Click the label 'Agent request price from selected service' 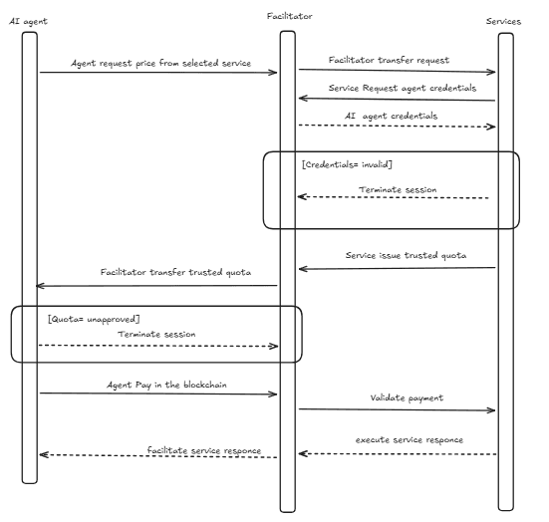pyautogui.click(x=159, y=63)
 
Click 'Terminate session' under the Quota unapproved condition pyautogui.click(x=157, y=335)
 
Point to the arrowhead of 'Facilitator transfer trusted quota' pyautogui.click(x=39, y=285)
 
